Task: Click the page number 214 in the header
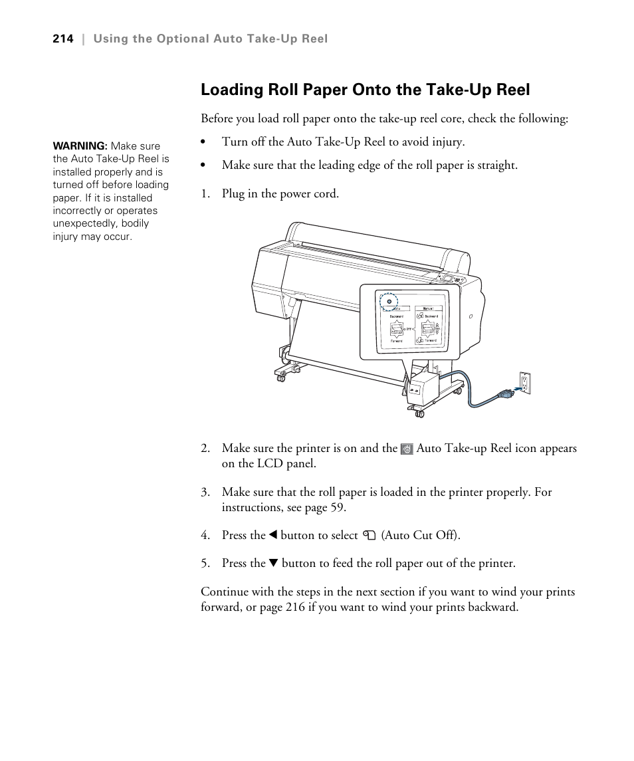coord(62,39)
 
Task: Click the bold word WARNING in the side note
coord(79,146)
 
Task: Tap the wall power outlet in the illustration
coord(525,383)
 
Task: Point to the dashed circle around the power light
coord(389,301)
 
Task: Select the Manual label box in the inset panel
coord(429,308)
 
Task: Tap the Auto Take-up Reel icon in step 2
coord(407,449)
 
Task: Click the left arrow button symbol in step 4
coord(272,535)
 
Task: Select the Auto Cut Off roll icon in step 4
coord(370,536)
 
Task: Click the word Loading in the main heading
coord(231,90)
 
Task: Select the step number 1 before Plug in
coord(205,194)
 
